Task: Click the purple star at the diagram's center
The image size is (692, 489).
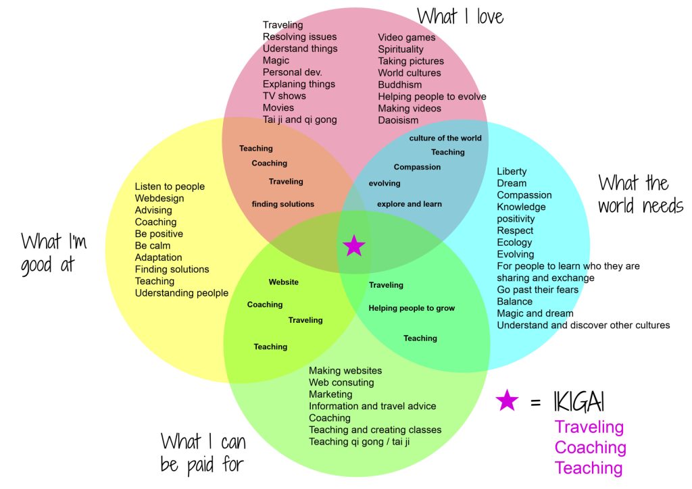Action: tap(354, 246)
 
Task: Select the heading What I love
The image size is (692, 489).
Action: tap(460, 16)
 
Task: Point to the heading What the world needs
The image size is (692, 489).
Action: tap(641, 194)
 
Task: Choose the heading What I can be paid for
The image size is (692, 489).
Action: tap(203, 453)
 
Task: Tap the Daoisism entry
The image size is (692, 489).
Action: tap(398, 120)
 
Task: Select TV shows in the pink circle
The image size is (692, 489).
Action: tap(284, 96)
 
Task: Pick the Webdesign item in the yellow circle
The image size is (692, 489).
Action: tap(159, 199)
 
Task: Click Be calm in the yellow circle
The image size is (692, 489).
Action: tap(153, 246)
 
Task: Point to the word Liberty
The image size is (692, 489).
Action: tap(512, 172)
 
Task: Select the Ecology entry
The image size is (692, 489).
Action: tap(514, 242)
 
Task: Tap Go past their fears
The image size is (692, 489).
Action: tap(537, 290)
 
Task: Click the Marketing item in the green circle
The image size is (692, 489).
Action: tap(330, 394)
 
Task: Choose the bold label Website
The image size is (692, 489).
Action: tap(283, 282)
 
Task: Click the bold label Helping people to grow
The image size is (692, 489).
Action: tap(412, 309)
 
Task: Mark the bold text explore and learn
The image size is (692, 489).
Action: tap(410, 204)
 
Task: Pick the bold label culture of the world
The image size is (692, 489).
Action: tap(445, 138)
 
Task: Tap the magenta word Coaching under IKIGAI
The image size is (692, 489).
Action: tap(590, 448)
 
